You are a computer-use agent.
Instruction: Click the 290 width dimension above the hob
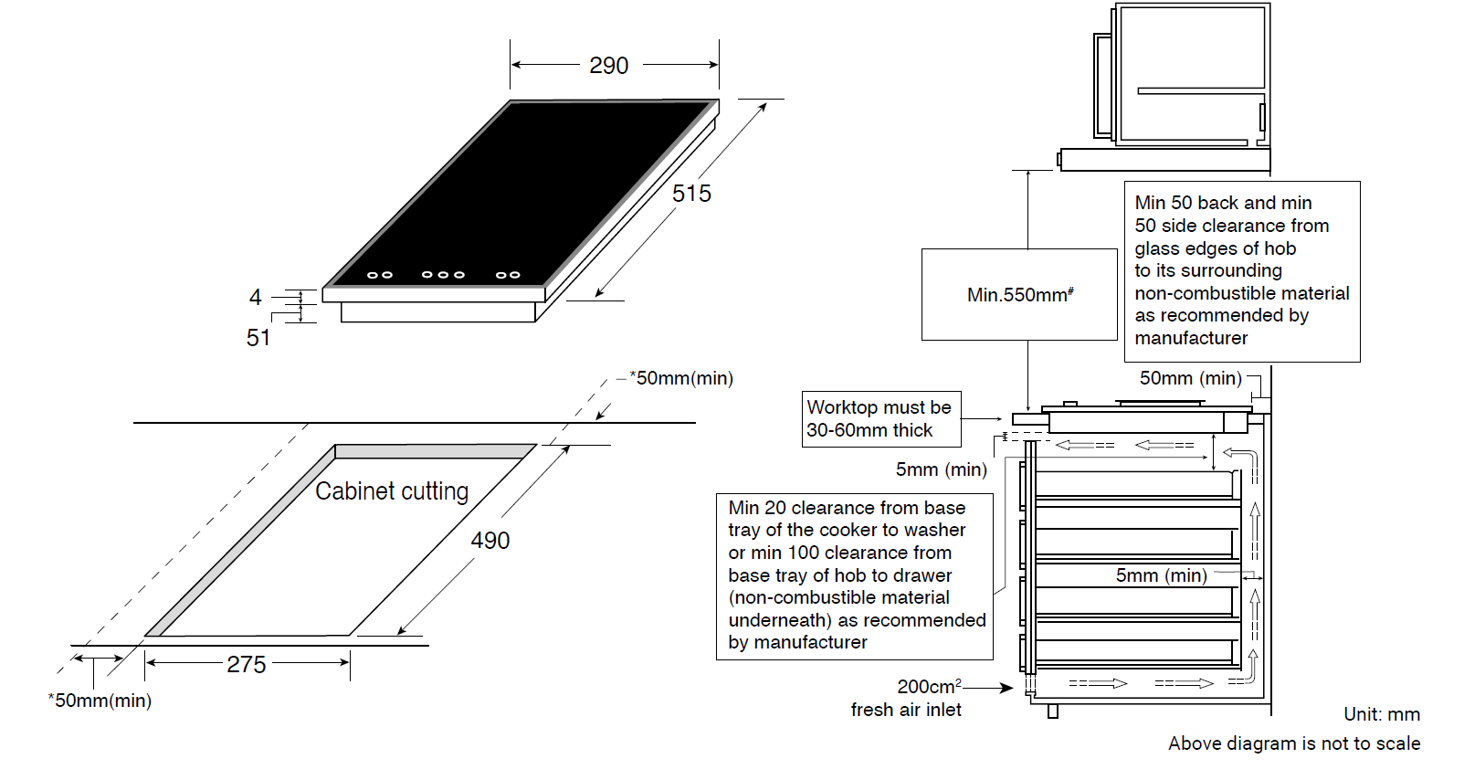tap(608, 66)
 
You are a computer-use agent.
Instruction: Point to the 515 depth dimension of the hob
tap(691, 194)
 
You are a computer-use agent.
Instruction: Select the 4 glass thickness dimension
tap(256, 298)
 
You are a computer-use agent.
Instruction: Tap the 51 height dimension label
tap(258, 338)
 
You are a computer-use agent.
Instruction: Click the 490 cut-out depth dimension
tap(490, 541)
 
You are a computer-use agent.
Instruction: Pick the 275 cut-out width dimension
tap(247, 664)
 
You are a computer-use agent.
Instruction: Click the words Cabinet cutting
tap(392, 491)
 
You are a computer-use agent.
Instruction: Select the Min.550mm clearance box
tap(1019, 294)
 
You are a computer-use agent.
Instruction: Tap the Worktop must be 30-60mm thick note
tap(881, 419)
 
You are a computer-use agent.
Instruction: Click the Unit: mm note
tap(1382, 714)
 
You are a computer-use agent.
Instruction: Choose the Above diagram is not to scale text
tap(1294, 743)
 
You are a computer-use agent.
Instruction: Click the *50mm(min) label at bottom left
tap(100, 701)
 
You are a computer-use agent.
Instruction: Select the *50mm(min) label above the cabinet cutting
tap(681, 378)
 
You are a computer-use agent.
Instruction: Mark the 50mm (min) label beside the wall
tap(1190, 378)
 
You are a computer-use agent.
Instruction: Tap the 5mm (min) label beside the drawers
tap(1162, 575)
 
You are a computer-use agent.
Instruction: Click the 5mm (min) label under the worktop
tap(941, 469)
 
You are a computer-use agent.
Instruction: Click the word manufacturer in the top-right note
tap(1191, 338)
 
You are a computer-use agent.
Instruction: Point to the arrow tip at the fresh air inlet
tap(1013, 687)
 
